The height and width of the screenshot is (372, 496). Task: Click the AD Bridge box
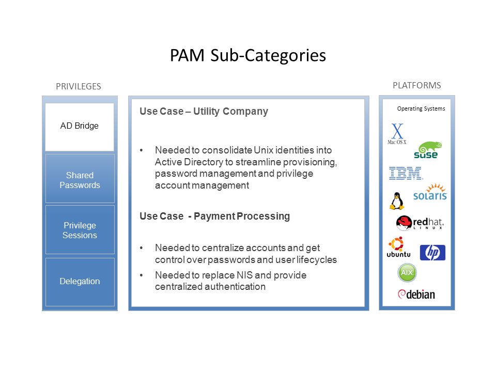pos(80,127)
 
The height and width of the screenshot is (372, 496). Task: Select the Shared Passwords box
pos(80,178)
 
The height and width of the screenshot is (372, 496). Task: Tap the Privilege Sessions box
pos(80,229)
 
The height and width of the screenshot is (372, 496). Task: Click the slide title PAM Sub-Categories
pos(247,55)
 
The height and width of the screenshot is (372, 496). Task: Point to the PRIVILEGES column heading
pos(79,86)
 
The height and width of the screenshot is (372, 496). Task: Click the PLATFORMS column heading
pos(416,85)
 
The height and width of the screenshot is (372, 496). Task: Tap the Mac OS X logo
pos(397,134)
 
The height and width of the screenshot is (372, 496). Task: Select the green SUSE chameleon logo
pos(427,150)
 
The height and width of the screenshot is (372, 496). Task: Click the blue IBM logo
pos(406,173)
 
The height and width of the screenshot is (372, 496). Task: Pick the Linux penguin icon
pos(397,201)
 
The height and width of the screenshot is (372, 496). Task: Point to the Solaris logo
pos(430,192)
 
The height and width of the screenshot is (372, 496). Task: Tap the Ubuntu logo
pos(398,247)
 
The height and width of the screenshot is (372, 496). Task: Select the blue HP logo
pos(432,253)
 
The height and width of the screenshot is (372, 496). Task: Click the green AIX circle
pos(407,273)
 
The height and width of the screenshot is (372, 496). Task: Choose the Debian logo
pos(416,294)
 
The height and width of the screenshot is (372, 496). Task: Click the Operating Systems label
pos(421,109)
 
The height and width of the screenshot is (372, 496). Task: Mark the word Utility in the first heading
pos(206,112)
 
